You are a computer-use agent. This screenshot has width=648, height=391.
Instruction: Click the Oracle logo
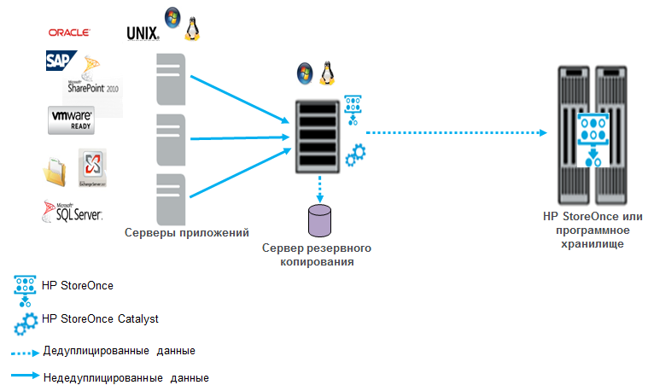(x=70, y=32)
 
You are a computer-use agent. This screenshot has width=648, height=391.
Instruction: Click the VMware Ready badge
(x=71, y=120)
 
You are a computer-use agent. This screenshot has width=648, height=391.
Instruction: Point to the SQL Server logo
(x=72, y=210)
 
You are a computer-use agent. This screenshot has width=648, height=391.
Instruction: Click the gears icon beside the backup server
(x=355, y=156)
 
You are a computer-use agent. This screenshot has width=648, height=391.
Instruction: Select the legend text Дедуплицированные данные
(x=118, y=351)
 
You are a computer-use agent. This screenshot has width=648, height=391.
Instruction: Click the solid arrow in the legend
(x=25, y=376)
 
